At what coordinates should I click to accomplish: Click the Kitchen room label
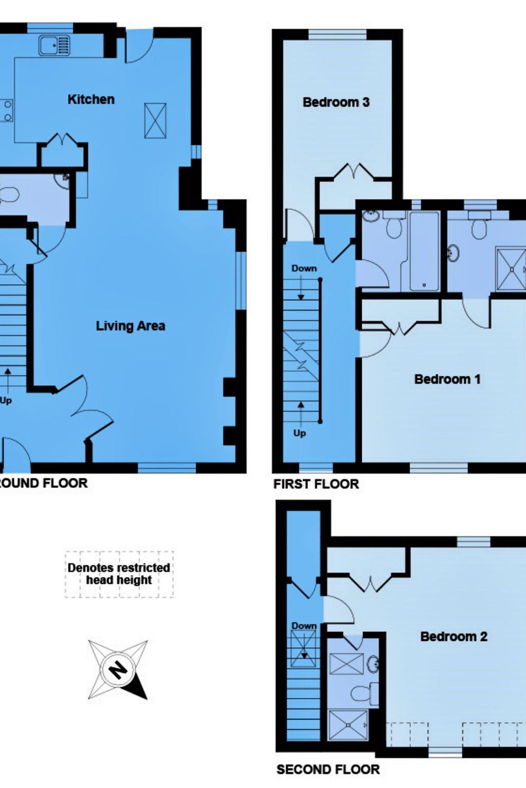[91, 99]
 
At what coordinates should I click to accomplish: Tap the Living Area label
[130, 326]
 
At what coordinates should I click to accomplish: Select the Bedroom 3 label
[336, 102]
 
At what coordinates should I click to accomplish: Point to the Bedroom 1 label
[447, 379]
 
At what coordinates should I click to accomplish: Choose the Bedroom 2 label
[454, 636]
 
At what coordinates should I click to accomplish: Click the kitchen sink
[54, 45]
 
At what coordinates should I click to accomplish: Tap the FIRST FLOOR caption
[316, 484]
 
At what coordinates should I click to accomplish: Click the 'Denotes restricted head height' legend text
[119, 574]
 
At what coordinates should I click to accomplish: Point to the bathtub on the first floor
[424, 251]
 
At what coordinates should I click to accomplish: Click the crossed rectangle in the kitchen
[155, 121]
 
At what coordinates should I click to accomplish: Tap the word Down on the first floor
[304, 268]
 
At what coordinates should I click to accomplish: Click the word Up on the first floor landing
[299, 434]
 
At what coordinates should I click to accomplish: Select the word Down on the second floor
[304, 626]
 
